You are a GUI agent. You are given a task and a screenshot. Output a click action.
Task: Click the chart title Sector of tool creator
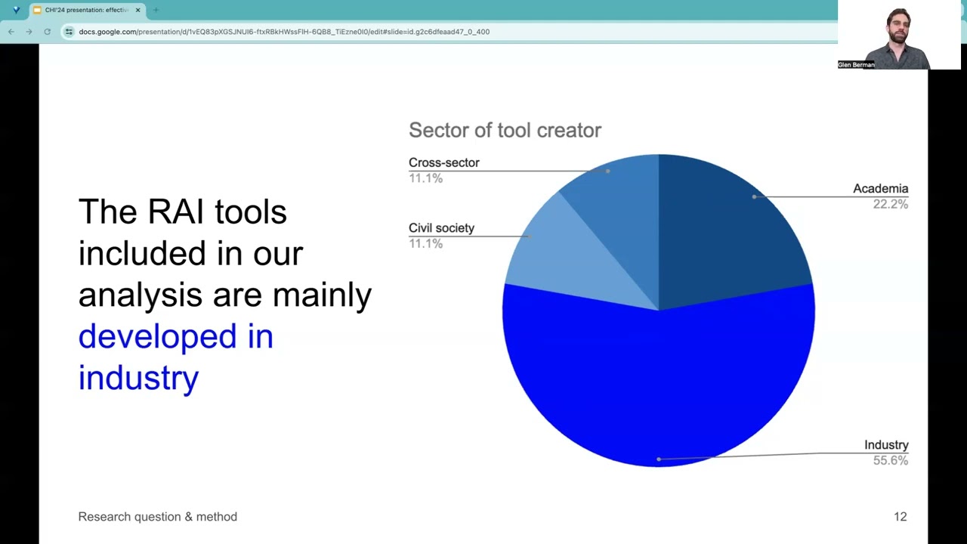click(x=505, y=131)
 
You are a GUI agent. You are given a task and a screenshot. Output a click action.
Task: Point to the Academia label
click(x=880, y=189)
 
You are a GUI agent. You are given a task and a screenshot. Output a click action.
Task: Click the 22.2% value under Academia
click(x=890, y=204)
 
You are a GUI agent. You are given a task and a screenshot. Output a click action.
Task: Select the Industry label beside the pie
click(x=885, y=445)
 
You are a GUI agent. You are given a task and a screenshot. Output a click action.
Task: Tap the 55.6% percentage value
click(x=890, y=460)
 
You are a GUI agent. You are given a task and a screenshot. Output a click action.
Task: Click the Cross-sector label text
click(x=443, y=162)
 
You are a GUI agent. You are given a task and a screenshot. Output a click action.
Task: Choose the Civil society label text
click(x=441, y=228)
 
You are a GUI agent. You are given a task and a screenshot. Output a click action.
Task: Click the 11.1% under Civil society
click(x=425, y=243)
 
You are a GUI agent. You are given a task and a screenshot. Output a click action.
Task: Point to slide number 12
click(x=900, y=517)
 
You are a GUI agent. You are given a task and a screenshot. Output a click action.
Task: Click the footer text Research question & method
click(x=157, y=517)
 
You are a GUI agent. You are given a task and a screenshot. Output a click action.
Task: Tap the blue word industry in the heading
click(x=138, y=377)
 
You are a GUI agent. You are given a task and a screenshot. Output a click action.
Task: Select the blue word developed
click(x=157, y=336)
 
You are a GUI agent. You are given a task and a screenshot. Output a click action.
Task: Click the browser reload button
click(x=47, y=32)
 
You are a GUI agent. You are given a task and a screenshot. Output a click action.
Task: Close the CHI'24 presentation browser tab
click(x=137, y=10)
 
